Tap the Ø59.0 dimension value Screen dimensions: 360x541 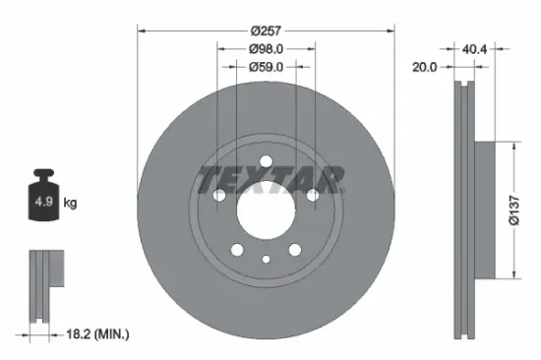(x=266, y=67)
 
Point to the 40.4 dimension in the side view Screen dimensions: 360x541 (x=476, y=46)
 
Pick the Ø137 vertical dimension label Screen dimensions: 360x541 (x=514, y=208)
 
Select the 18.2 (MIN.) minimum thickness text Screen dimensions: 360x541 (x=95, y=335)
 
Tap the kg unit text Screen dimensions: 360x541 (x=71, y=204)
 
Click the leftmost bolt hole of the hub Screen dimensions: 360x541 (x=218, y=196)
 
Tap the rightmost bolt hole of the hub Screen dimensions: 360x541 (x=313, y=196)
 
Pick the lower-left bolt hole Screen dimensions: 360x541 (x=237, y=250)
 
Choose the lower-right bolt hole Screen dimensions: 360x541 (x=294, y=250)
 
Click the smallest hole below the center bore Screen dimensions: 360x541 (x=266, y=260)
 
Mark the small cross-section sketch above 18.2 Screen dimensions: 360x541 (x=45, y=285)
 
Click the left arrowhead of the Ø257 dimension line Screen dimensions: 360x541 (x=141, y=30)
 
